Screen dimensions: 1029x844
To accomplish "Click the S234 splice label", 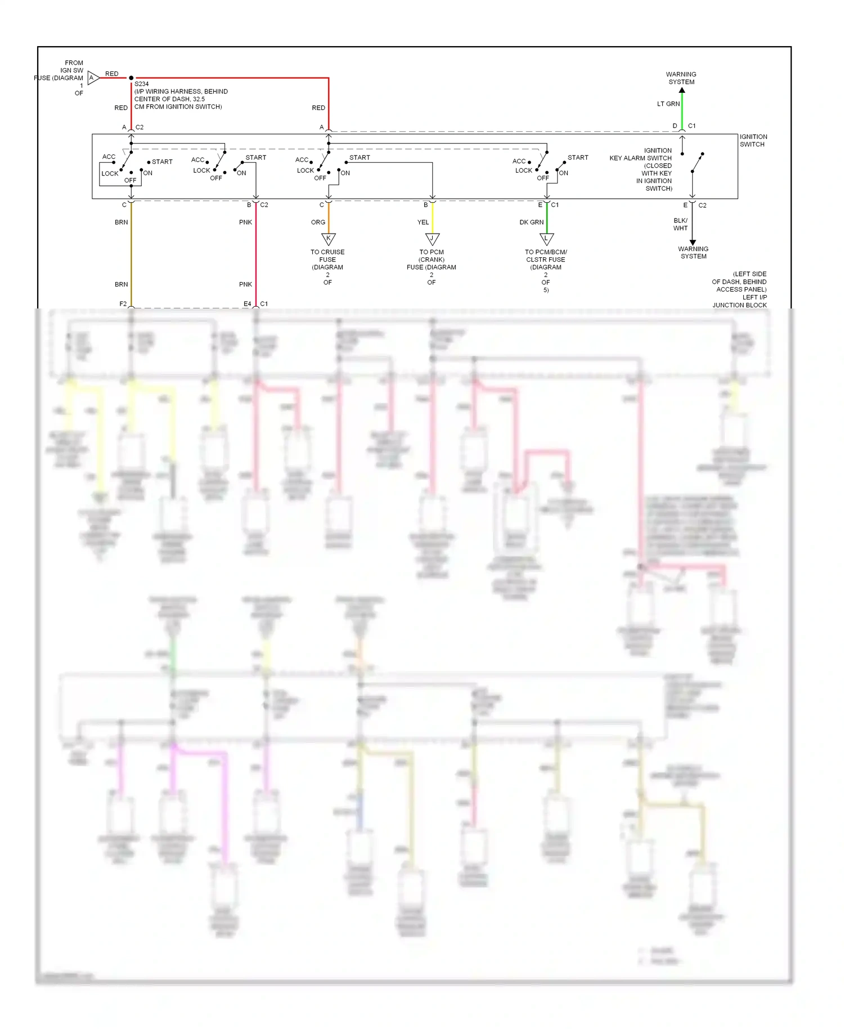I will point(141,84).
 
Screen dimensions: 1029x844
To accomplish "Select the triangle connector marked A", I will point(93,78).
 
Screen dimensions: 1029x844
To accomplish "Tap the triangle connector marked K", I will point(329,239).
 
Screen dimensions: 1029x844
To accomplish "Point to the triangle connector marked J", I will point(432,239).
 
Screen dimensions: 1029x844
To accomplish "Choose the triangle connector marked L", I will point(546,239).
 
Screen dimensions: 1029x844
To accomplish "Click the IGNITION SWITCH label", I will point(753,141).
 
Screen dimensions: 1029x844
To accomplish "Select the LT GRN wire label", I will point(668,104).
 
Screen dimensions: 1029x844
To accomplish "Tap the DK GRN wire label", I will point(531,222).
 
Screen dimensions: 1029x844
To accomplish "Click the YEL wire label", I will point(423,222).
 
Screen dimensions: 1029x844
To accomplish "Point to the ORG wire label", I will point(318,222).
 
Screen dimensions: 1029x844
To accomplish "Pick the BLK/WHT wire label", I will point(680,225).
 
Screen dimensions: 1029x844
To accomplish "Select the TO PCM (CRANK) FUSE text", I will point(432,260).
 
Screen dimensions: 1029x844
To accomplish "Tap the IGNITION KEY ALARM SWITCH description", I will point(641,169).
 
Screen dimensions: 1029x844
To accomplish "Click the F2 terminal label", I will point(123,304).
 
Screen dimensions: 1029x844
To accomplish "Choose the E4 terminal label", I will point(247,304).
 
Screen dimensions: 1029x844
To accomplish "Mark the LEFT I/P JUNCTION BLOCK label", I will point(739,301).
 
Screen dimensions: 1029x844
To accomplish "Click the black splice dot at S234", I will point(131,78).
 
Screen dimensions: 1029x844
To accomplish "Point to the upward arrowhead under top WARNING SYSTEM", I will point(682,90).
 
